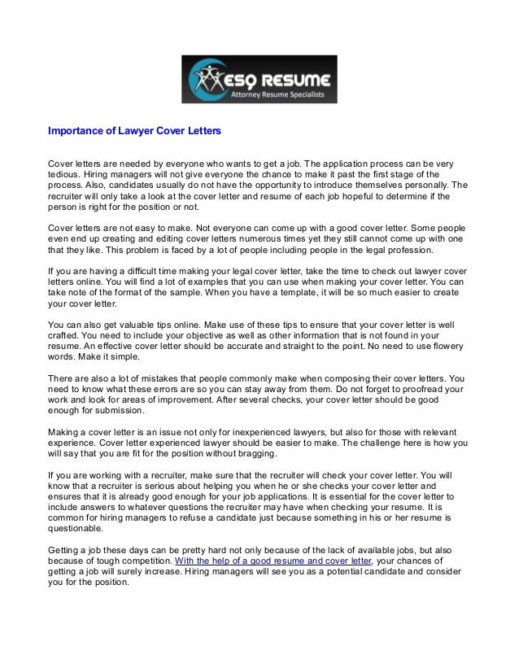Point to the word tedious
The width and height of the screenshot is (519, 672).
coord(66,173)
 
